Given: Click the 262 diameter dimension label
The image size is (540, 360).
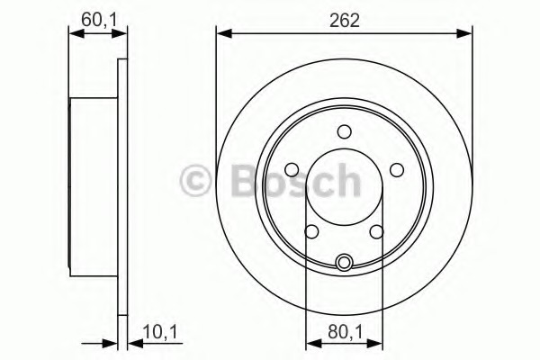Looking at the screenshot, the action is point(344,21).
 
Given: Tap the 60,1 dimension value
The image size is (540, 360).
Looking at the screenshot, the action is point(99,20).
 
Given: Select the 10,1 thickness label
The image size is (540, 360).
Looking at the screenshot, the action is point(160,332).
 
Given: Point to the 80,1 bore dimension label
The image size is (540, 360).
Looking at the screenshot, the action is point(346,332).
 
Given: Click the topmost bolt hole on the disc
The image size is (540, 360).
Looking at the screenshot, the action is point(344,132).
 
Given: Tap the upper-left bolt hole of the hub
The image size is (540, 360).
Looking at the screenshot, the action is point(292,170).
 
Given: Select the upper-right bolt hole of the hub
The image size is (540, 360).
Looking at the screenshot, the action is point(397,170).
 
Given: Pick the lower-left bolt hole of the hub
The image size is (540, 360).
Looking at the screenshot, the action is point(311,231).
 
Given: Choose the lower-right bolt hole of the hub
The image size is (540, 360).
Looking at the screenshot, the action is point(376,231).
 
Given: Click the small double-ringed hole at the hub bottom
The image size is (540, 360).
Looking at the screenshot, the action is point(344,263).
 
